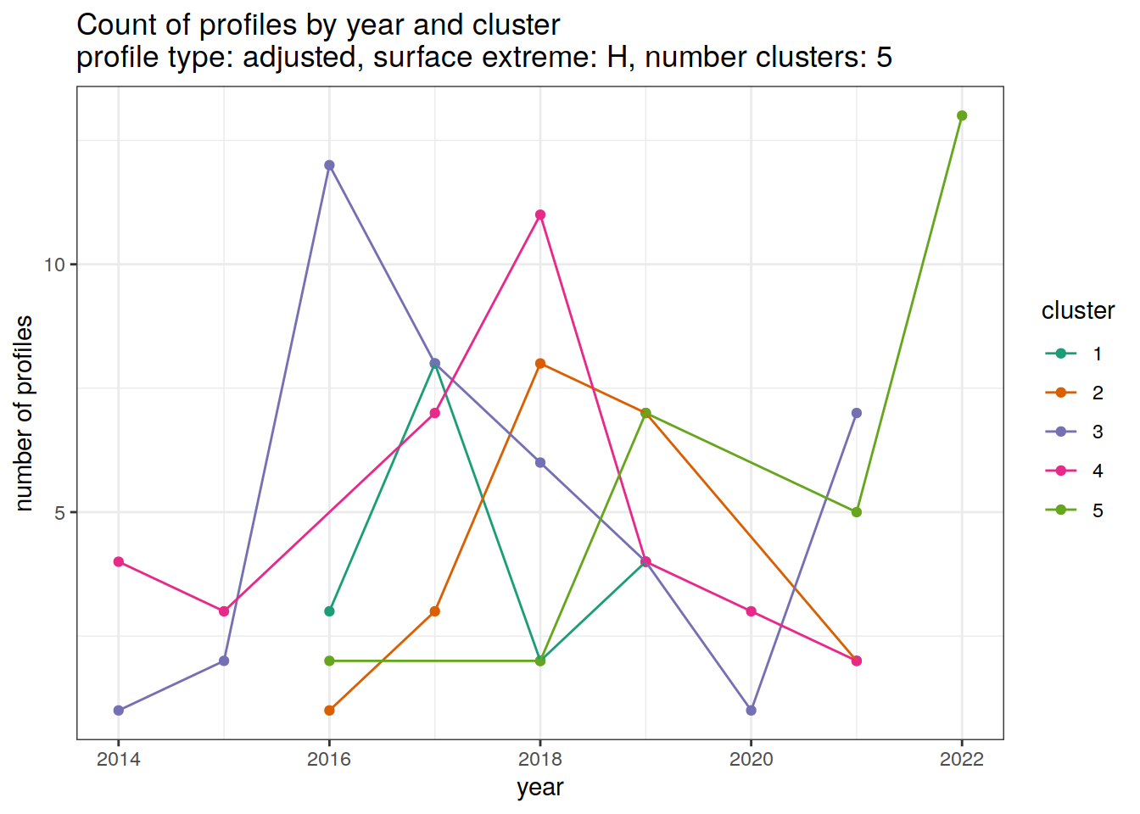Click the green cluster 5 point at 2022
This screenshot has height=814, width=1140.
point(962,116)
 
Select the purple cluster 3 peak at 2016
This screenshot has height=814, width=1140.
point(329,165)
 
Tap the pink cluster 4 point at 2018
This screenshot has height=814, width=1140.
point(540,215)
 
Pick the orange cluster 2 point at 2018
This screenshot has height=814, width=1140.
point(540,364)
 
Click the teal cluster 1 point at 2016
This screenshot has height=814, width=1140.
point(329,611)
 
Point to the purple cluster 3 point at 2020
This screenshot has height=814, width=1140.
point(751,711)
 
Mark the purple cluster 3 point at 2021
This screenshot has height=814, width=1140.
point(857,413)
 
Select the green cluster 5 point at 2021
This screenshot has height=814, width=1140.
point(857,512)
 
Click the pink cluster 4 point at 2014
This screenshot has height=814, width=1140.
point(119,561)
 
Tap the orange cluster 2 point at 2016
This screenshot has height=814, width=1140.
point(329,711)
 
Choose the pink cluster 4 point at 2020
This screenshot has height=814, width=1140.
point(751,611)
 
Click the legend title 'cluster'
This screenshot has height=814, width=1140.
point(1077,311)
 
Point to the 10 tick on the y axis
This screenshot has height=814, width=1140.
point(54,265)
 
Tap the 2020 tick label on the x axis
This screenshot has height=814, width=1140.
point(751,759)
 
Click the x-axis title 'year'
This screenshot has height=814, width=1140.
point(539,788)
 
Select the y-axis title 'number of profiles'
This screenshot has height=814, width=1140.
point(25,413)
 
